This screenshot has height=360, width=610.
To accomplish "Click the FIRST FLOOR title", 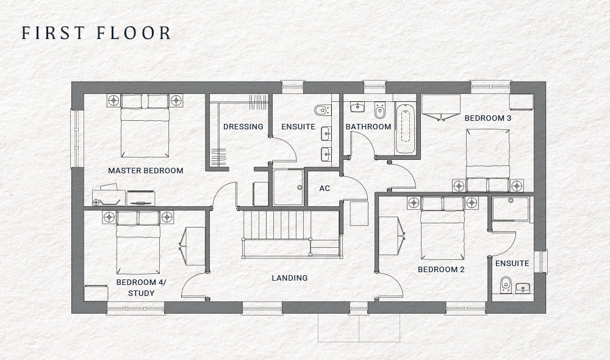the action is click(x=96, y=33).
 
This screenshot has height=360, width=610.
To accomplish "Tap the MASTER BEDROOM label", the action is click(x=146, y=170).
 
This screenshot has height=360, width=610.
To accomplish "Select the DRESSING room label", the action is click(x=243, y=127).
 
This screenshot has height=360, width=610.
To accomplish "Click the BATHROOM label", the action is click(x=368, y=127).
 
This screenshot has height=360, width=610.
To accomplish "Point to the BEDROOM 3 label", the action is click(x=488, y=118).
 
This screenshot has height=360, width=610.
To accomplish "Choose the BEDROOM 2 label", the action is click(x=441, y=269).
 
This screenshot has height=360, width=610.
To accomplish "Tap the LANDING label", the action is click(x=289, y=278).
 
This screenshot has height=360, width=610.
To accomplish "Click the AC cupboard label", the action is click(x=325, y=189).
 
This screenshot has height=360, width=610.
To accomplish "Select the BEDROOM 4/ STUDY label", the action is click(x=141, y=287).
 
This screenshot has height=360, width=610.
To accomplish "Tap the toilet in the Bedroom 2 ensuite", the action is click(x=505, y=285).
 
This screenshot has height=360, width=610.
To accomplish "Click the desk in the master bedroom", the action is click(x=109, y=197).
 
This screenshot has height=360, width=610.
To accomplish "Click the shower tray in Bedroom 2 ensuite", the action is click(x=511, y=209).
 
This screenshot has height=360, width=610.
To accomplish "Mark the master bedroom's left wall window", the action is click(x=77, y=139).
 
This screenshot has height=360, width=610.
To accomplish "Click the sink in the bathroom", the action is click(x=356, y=108).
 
